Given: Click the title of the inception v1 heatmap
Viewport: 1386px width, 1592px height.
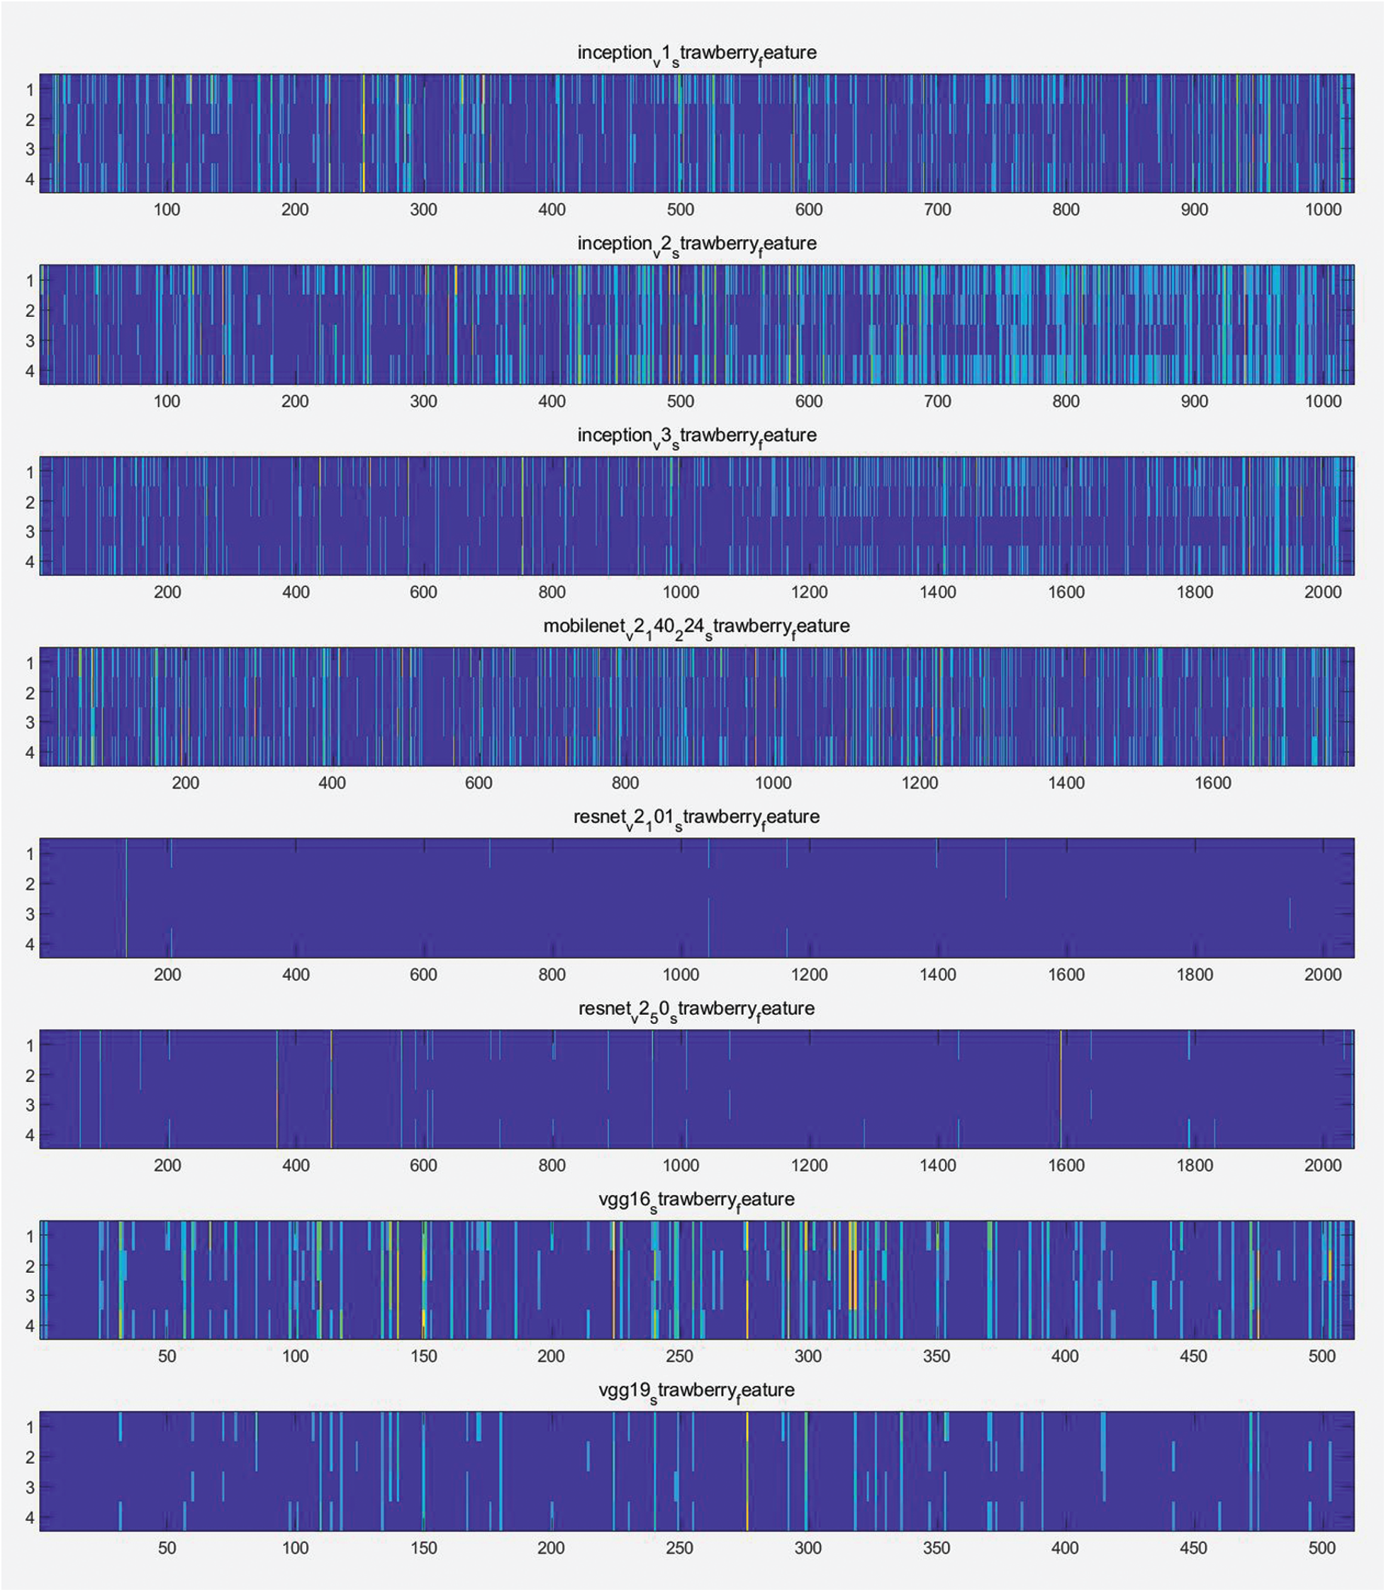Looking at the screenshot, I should pyautogui.click(x=696, y=54).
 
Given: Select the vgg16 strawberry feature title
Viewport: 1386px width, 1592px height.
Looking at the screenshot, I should pyautogui.click(x=696, y=1201).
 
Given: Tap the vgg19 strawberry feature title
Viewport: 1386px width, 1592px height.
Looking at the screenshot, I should pyautogui.click(x=696, y=1391).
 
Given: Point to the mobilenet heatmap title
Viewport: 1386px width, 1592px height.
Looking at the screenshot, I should pyautogui.click(x=696, y=628).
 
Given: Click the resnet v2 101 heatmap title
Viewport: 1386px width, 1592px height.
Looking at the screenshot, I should pyautogui.click(x=696, y=818).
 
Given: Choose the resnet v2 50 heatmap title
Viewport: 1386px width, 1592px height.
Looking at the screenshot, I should pyautogui.click(x=696, y=1010).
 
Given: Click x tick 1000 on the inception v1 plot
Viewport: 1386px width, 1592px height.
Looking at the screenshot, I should pyautogui.click(x=1323, y=210).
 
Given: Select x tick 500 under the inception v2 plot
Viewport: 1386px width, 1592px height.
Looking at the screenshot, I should pyautogui.click(x=681, y=401).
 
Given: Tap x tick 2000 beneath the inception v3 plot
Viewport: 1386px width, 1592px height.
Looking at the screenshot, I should pyautogui.click(x=1323, y=593).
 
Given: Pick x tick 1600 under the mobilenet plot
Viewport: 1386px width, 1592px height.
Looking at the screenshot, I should pyautogui.click(x=1212, y=784).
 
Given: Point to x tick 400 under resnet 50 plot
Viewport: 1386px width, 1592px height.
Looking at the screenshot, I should pyautogui.click(x=296, y=1166).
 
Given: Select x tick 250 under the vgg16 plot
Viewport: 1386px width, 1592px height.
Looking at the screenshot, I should pyautogui.click(x=679, y=1357).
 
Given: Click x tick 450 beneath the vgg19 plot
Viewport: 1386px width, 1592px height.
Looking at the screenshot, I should pyautogui.click(x=1192, y=1548).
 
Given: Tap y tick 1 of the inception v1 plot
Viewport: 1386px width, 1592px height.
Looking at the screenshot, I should pyautogui.click(x=30, y=91).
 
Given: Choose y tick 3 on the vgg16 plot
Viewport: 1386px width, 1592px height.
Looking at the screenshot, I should pyautogui.click(x=30, y=1296).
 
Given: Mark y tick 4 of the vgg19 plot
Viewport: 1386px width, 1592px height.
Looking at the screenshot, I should pyautogui.click(x=30, y=1518).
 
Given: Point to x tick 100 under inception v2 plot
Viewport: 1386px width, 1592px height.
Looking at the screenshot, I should pyautogui.click(x=167, y=401).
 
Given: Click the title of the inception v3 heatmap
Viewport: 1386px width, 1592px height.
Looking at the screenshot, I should pyautogui.click(x=696, y=436).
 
